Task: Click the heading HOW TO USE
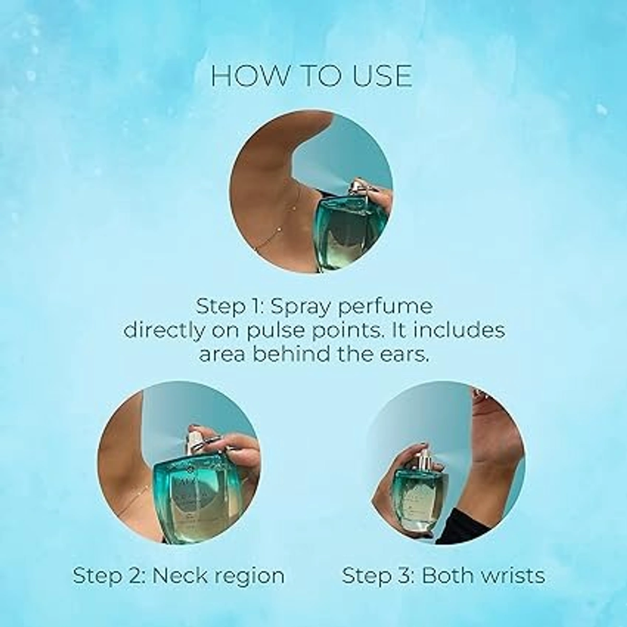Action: [311, 76]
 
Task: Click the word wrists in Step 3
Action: [509, 576]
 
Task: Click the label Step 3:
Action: [378, 576]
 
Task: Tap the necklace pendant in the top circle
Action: [296, 208]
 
